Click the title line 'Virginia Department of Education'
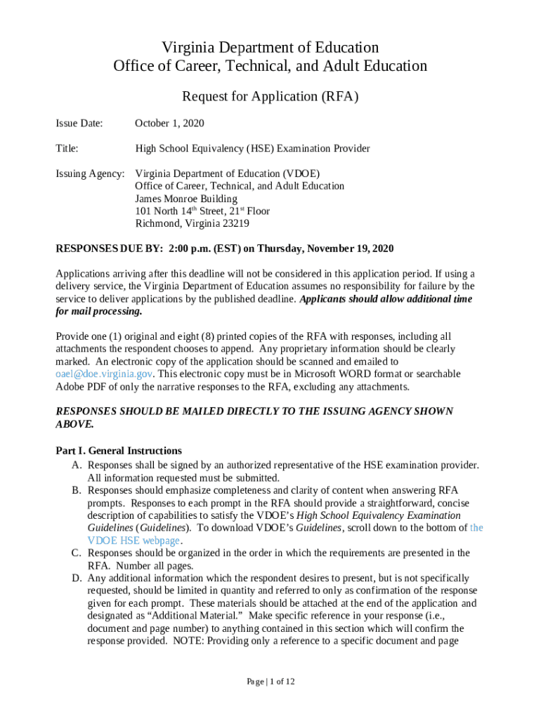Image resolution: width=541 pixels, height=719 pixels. [x=270, y=48]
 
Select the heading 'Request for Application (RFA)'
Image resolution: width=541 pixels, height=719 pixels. [x=270, y=97]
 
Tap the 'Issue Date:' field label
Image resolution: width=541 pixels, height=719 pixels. [x=79, y=124]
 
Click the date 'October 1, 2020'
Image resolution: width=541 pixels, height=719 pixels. [x=169, y=124]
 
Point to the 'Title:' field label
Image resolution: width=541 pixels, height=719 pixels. [x=67, y=149]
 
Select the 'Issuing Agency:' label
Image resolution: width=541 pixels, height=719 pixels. [x=90, y=173]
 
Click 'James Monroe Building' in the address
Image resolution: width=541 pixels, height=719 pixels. [x=186, y=199]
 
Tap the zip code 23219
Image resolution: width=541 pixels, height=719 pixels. [x=233, y=224]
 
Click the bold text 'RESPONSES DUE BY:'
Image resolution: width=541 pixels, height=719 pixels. [x=109, y=249]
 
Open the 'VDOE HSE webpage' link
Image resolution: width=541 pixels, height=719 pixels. [x=133, y=541]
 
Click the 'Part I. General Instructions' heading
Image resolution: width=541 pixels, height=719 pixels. [x=118, y=451]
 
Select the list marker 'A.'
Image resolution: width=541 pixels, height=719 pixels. [x=76, y=465]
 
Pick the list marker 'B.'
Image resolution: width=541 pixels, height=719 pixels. [x=76, y=490]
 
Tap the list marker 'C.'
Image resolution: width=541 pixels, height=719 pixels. [x=76, y=553]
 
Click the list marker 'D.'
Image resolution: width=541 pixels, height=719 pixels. [x=76, y=579]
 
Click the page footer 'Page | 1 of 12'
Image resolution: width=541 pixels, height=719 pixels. [x=270, y=682]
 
